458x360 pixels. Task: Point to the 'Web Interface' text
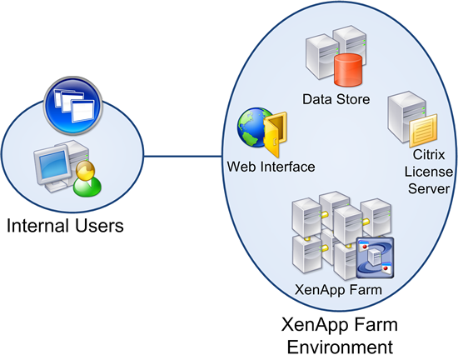click(271, 167)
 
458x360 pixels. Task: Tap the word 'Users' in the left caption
click(104, 224)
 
